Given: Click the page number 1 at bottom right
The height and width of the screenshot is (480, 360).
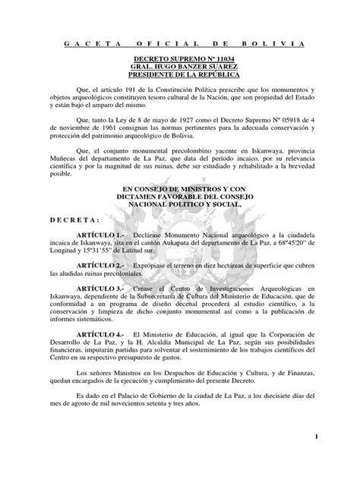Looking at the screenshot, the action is pos(335,439).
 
